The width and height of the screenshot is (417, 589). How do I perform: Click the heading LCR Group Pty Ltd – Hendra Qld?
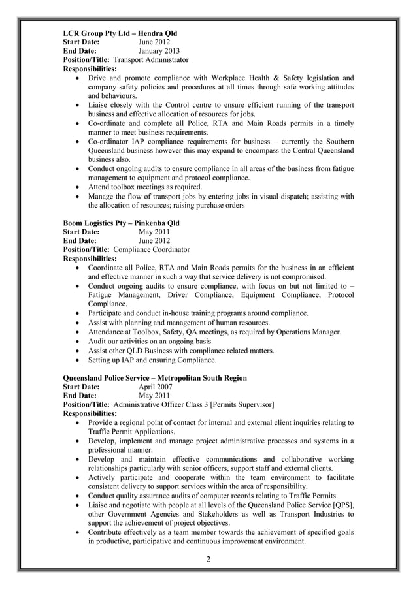(x=120, y=33)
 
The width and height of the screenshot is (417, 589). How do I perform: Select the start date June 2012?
(x=154, y=41)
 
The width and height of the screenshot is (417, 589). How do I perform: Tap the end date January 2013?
(x=159, y=50)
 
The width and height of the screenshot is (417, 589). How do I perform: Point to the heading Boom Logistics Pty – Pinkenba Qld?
(x=121, y=223)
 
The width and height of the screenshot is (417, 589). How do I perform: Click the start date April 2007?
(x=156, y=387)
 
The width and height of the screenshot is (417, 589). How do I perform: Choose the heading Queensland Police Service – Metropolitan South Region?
(x=154, y=377)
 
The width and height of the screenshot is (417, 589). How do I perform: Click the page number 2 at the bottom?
(x=208, y=559)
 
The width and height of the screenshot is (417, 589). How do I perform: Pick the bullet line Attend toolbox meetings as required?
(x=145, y=187)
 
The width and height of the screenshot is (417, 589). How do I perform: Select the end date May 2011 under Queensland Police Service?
(x=154, y=396)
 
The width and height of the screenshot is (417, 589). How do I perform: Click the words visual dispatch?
(x=277, y=196)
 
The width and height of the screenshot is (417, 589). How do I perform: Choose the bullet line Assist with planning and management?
(x=178, y=323)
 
